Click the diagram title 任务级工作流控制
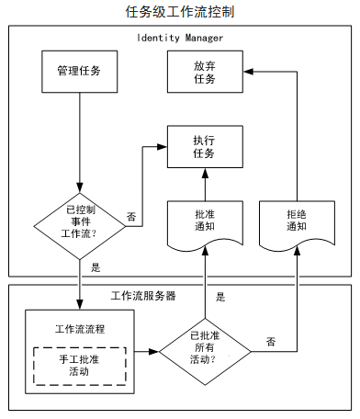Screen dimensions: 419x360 180,13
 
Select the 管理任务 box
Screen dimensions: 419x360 79,71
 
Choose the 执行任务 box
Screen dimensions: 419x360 204,146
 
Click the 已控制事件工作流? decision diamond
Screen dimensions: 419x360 79,221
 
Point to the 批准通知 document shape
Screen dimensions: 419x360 204,221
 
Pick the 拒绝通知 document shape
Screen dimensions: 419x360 297,221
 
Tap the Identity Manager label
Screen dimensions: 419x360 180,38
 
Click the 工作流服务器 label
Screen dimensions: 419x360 143,296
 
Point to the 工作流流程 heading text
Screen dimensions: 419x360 79,328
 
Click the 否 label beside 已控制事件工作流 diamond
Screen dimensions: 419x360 131,217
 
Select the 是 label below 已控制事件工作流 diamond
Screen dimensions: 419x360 96,268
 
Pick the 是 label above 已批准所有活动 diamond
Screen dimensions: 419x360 220,297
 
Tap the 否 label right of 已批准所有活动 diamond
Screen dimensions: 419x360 271,341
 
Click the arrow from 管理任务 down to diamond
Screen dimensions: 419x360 79,138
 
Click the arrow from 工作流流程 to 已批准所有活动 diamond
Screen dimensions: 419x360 145,351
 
